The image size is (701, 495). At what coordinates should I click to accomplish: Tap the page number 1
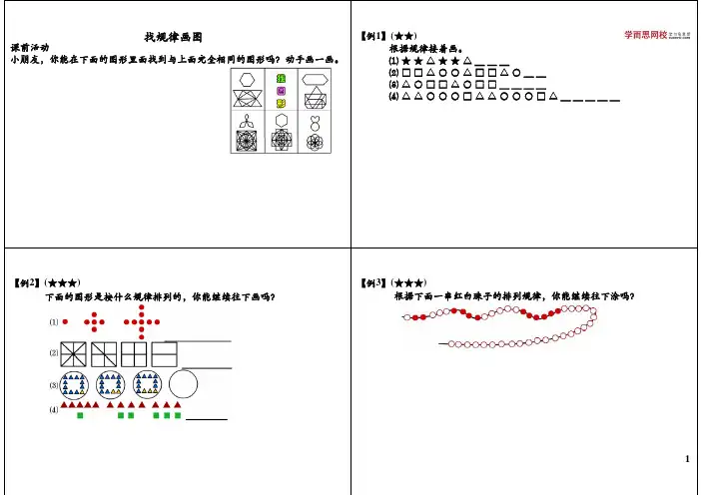tap(689, 459)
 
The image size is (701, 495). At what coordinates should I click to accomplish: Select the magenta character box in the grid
tap(282, 91)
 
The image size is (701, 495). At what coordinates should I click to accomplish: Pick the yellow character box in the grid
tap(282, 104)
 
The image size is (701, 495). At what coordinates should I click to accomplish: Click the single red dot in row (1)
tap(65, 322)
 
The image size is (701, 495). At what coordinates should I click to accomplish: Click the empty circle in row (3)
tap(184, 385)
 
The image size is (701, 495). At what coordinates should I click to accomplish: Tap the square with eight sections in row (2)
tap(73, 353)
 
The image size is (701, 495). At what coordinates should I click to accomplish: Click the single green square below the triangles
tap(80, 416)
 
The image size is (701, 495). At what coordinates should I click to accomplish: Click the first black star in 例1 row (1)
tap(405, 61)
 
